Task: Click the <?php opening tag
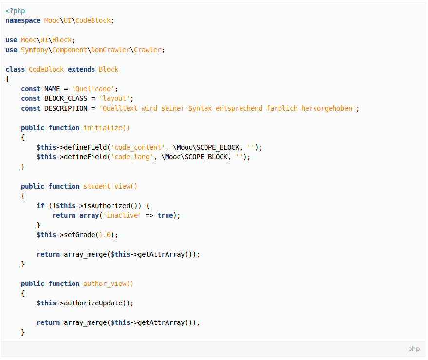tap(15, 11)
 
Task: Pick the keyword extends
tap(81, 69)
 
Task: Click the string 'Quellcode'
tap(93, 89)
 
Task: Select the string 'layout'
tap(114, 98)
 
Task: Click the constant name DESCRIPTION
tap(66, 108)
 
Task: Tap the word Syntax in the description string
tap(200, 108)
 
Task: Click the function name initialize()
tap(107, 128)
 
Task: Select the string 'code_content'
tap(138, 147)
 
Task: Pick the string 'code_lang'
tap(132, 157)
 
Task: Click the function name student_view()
tap(111, 186)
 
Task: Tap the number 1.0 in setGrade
tap(105, 235)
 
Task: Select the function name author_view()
tap(109, 284)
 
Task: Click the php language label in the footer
tap(414, 349)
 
